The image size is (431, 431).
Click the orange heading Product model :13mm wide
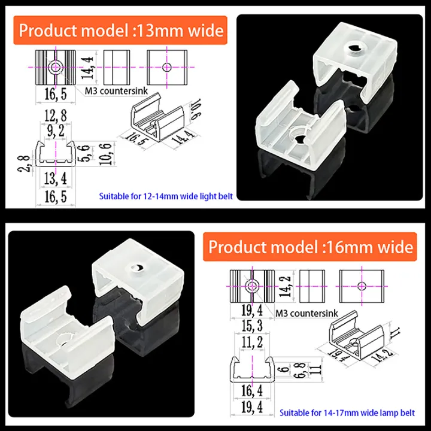pos(122,31)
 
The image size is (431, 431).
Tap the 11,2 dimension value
pos(251,342)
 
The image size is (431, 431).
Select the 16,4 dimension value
pos(251,391)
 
